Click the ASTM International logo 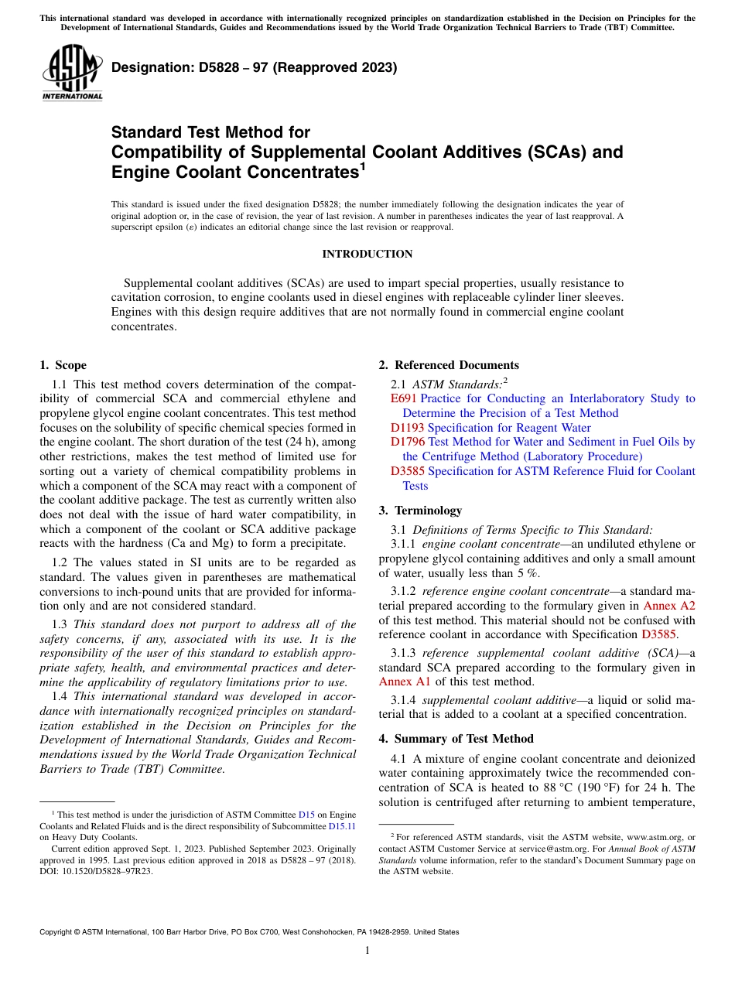tap(71, 74)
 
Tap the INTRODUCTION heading tap(367, 254)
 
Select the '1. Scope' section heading tap(63, 365)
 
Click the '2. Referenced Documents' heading tap(449, 365)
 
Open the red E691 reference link tap(404, 398)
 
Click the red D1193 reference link tap(407, 428)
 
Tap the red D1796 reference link tap(407, 442)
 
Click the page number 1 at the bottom tap(367, 951)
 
